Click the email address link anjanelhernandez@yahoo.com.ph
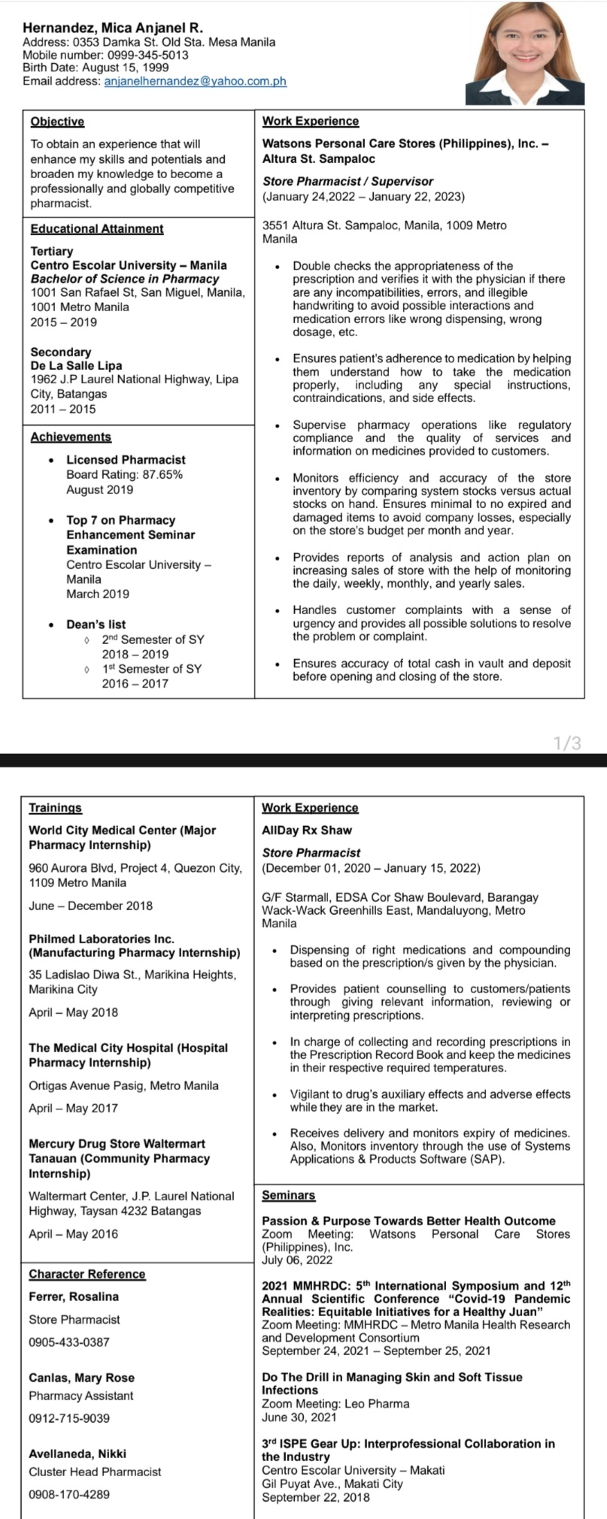point(195,81)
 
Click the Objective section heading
point(57,121)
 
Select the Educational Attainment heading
point(96,228)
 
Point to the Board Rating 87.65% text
point(124,474)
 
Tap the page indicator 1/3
point(566,744)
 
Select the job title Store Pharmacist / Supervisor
point(348,181)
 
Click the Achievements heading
point(71,437)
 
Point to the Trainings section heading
point(55,807)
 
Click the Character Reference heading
point(87,1274)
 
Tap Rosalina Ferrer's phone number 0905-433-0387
point(69,1342)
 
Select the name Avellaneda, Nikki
point(77,1454)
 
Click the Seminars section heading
point(288,1195)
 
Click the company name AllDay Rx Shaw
point(307,831)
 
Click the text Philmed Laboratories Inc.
point(102,939)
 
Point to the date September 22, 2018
point(316,1497)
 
